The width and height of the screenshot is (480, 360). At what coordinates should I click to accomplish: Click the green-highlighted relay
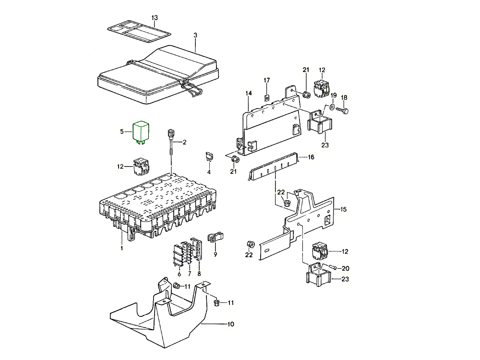(x=142, y=131)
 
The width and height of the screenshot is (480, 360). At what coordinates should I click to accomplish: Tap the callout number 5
(x=122, y=131)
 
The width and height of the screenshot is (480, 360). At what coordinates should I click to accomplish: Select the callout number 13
(x=154, y=18)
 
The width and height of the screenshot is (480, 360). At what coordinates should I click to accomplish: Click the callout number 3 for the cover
(x=195, y=35)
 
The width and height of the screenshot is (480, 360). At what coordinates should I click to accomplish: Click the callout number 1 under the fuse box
(x=122, y=248)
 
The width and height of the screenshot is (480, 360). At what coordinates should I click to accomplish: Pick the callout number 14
(x=248, y=93)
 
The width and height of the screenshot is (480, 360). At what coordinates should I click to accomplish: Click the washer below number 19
(x=332, y=107)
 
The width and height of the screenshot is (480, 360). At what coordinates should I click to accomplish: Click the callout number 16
(x=311, y=157)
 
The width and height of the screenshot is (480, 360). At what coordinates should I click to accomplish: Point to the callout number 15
(x=343, y=209)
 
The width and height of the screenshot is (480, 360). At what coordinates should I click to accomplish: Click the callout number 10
(x=230, y=324)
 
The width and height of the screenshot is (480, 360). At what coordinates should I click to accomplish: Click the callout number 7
(x=189, y=274)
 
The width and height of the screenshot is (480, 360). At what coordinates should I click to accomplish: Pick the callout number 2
(x=184, y=143)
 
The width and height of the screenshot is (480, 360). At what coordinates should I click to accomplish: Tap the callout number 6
(x=179, y=274)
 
